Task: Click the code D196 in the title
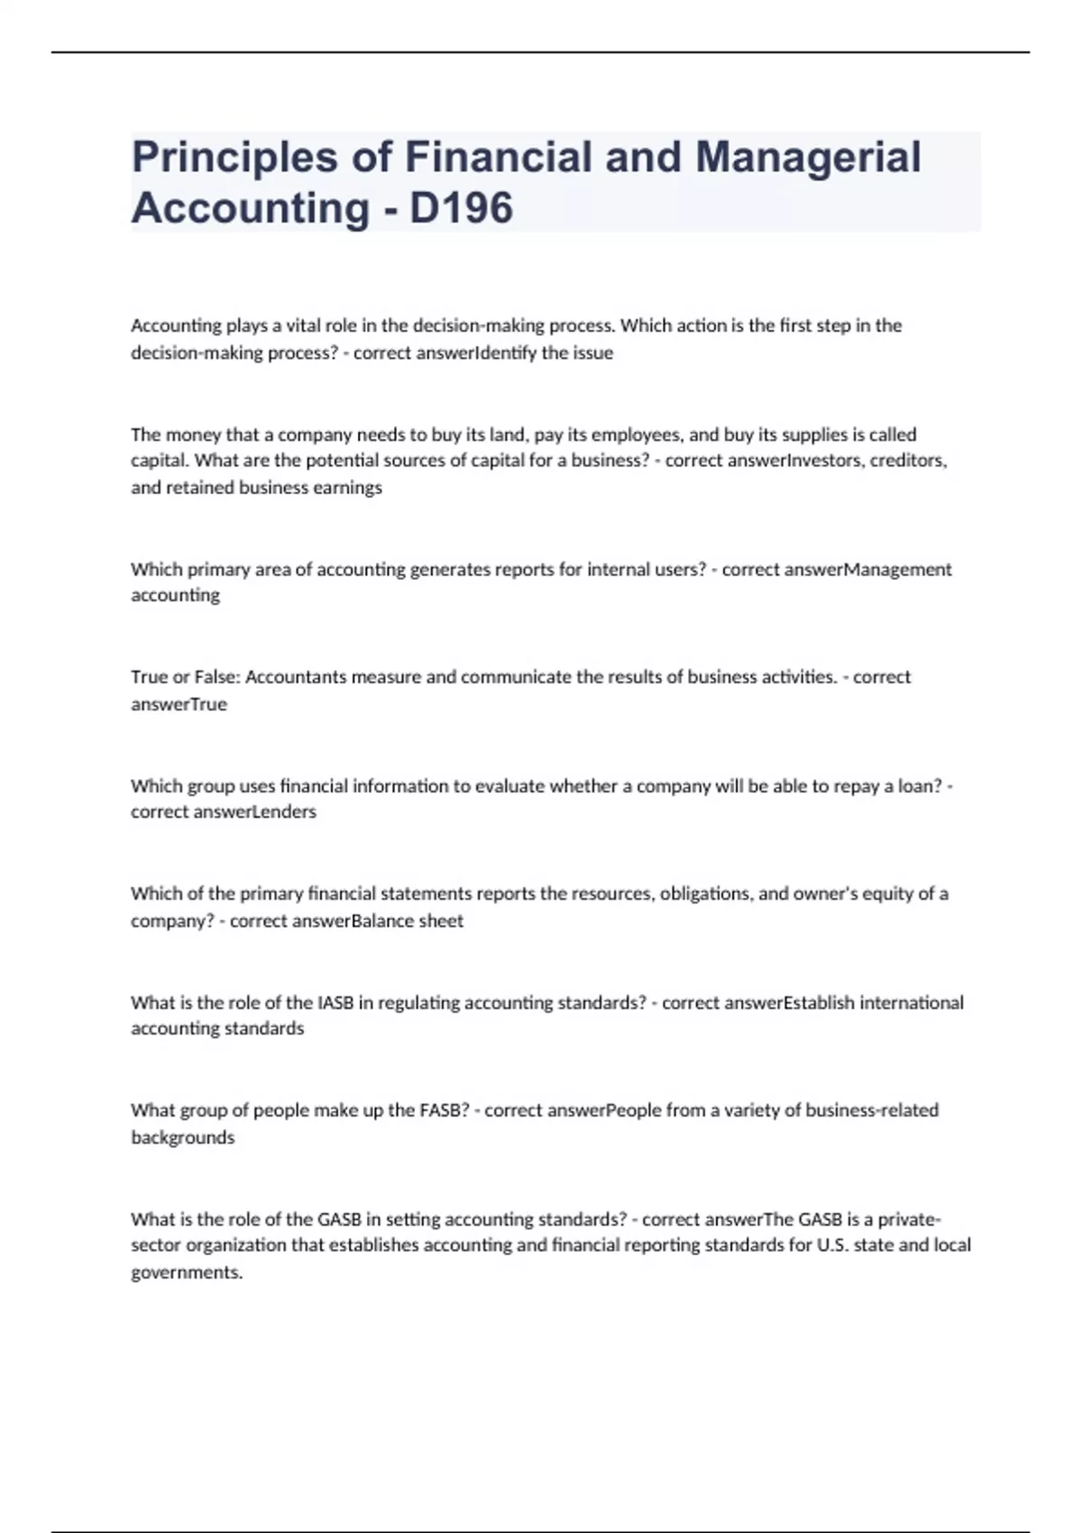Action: (x=461, y=207)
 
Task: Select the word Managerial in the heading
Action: (x=808, y=156)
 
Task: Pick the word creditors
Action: (x=908, y=461)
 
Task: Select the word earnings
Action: (x=348, y=488)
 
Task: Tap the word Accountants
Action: (x=295, y=677)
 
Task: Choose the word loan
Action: (x=920, y=785)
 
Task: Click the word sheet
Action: (x=441, y=921)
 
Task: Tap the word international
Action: (x=912, y=1003)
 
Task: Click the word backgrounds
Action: (x=183, y=1138)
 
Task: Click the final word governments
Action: (x=187, y=1273)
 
